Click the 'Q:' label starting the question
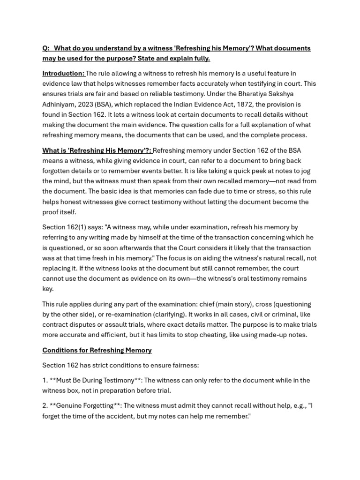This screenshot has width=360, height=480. [46, 48]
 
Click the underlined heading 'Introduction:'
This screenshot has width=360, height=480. [63, 74]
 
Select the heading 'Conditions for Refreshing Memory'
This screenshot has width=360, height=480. [97, 350]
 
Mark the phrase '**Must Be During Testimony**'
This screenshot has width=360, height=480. [92, 380]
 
